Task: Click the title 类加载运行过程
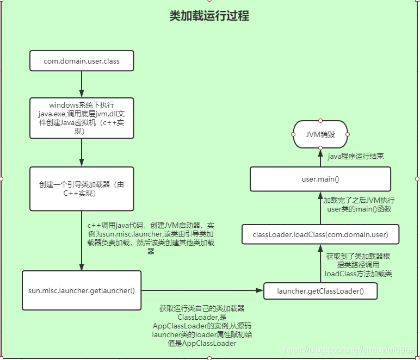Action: pos(209,16)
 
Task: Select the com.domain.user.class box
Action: pos(82,61)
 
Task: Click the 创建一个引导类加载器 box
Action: pos(82,189)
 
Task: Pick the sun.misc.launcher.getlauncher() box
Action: pos(82,290)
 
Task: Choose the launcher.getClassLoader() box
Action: pos(320,291)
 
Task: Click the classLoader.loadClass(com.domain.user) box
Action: pos(320,235)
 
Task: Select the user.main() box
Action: pos(320,179)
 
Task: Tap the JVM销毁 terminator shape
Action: pos(320,134)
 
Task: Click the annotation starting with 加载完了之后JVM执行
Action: pos(359,204)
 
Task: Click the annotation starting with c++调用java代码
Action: pos(151,238)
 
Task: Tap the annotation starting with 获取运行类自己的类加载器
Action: pos(202,326)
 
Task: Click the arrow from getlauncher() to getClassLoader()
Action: pos(201,291)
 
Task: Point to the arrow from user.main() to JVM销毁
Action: pos(320,158)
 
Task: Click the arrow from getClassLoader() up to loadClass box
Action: pos(320,263)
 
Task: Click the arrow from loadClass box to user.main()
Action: pos(320,208)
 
